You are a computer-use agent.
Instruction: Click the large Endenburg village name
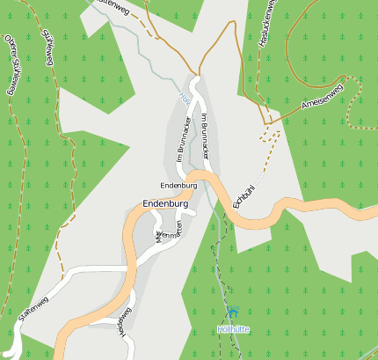(165, 204)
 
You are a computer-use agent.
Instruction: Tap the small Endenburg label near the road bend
(178, 186)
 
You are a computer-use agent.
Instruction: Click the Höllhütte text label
(233, 329)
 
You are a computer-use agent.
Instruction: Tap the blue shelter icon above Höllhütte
(233, 312)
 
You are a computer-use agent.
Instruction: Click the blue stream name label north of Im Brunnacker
(184, 99)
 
